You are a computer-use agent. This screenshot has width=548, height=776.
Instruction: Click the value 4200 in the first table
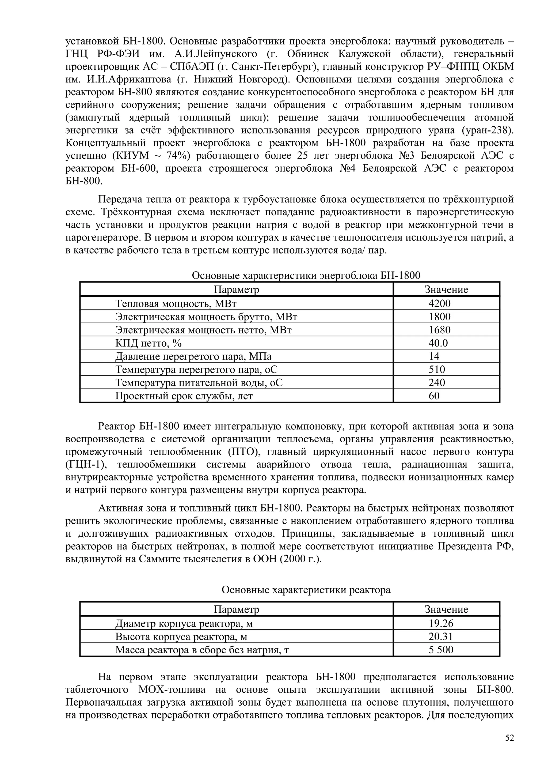(439, 303)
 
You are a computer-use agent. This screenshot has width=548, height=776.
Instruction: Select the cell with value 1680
(439, 330)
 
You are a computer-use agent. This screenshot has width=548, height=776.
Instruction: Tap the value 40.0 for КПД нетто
(438, 343)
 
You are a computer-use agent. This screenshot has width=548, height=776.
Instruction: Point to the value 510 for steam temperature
(437, 370)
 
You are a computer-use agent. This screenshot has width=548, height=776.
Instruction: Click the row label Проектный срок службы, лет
(184, 396)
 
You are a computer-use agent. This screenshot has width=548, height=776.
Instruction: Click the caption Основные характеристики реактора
(306, 590)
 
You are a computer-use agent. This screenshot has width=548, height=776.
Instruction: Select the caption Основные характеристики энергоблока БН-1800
(306, 276)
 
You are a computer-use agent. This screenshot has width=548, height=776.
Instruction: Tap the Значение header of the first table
(446, 290)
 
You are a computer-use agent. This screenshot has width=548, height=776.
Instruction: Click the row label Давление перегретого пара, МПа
(193, 356)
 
